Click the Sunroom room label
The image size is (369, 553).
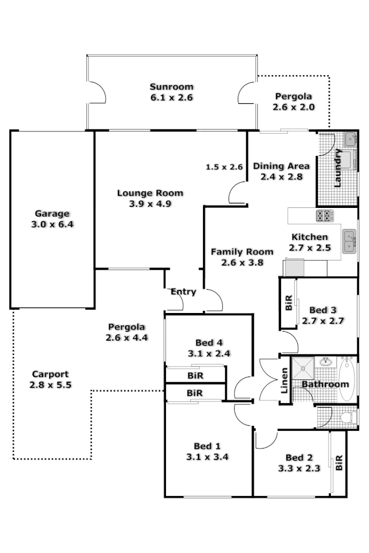(x=171, y=86)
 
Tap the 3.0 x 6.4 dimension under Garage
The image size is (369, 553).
(x=52, y=225)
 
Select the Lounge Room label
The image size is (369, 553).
(x=150, y=193)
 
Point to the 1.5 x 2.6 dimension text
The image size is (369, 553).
(x=225, y=167)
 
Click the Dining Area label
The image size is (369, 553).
(x=281, y=166)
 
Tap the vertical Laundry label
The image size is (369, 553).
(x=339, y=168)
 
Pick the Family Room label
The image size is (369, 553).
(x=242, y=252)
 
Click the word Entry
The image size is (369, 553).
(x=183, y=291)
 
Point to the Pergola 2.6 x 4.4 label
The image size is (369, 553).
(x=127, y=332)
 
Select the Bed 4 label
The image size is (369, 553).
(x=209, y=342)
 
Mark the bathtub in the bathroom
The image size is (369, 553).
(x=347, y=380)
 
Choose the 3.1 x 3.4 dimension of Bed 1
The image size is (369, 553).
(x=207, y=457)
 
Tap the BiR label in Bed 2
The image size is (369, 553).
(x=339, y=463)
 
